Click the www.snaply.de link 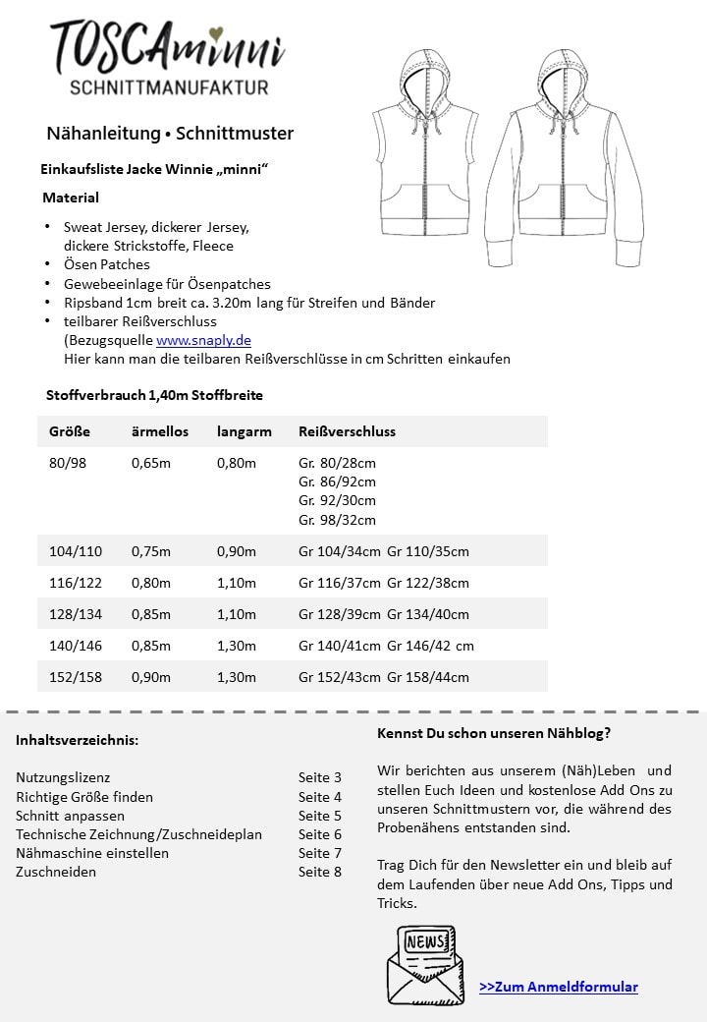pos(203,340)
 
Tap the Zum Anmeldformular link pos(558,987)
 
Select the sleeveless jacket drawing pos(428,157)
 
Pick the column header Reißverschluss pos(347,431)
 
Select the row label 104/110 pos(76,551)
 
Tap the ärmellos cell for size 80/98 pos(150,463)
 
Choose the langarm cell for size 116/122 pos(236,583)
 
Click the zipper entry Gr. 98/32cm pos(337,520)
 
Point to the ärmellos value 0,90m pos(150,677)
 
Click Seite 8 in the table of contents pos(320,872)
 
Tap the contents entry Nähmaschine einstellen pos(92,853)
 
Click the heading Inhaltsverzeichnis pos(77,740)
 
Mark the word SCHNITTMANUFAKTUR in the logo pos(170,88)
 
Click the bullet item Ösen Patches pos(106,264)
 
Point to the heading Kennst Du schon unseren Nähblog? pos(493,733)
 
